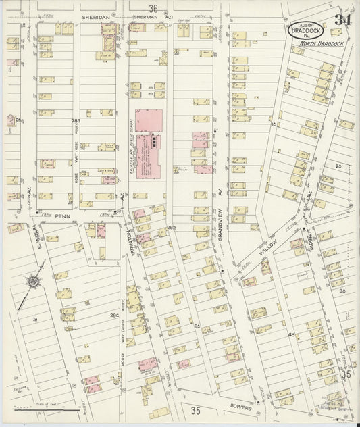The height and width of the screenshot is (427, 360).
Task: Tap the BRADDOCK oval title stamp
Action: coord(306,30)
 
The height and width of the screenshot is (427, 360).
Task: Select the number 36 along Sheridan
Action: coord(153,9)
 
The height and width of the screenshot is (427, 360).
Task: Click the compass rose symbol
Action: coord(32,281)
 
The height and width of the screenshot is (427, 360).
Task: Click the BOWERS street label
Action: coord(240,407)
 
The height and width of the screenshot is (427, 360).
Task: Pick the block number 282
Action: coord(172,227)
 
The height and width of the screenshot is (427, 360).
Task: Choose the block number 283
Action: coord(76,120)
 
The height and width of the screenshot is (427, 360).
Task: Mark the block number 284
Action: coord(113,315)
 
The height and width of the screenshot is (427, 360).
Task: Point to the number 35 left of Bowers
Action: coord(196,410)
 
